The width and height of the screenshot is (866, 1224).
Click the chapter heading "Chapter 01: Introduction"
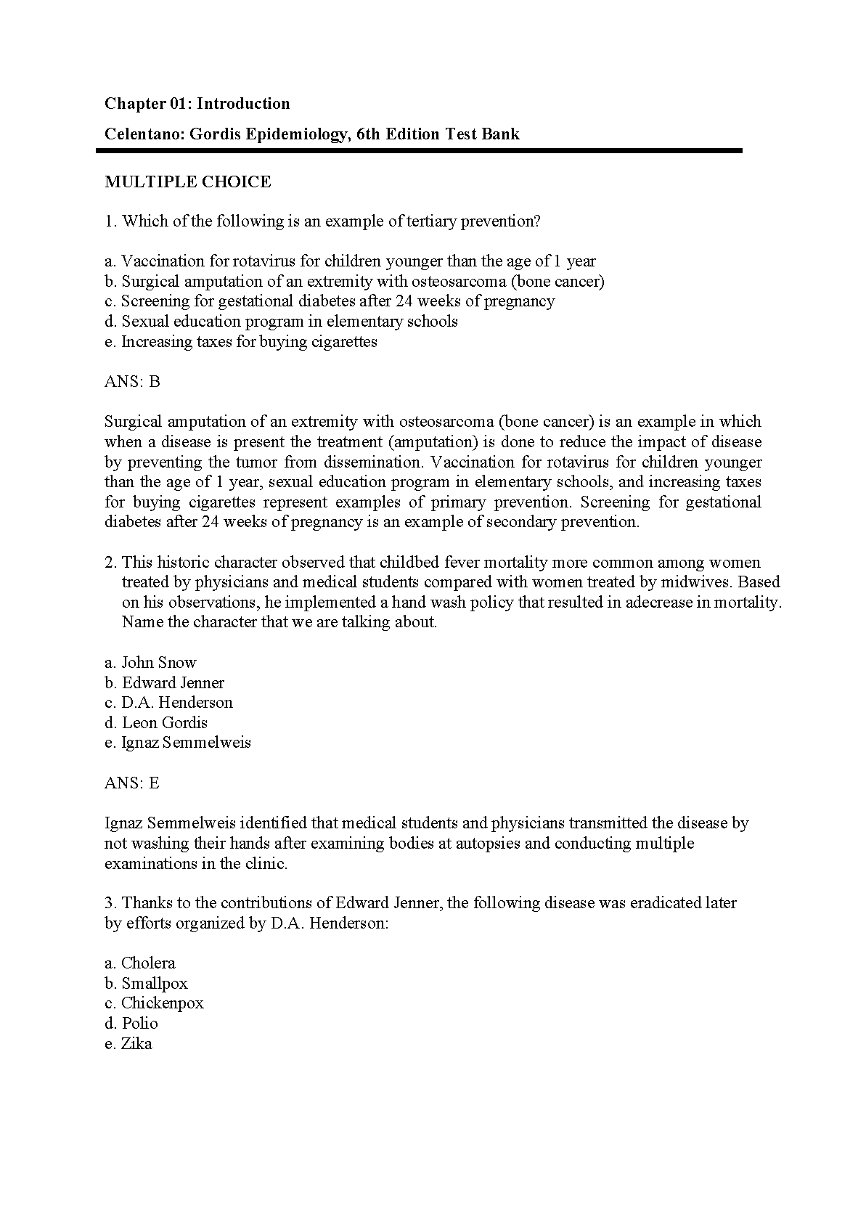coord(197,104)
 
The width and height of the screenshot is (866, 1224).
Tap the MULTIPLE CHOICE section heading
coord(187,182)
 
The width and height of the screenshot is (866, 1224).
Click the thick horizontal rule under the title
coord(419,151)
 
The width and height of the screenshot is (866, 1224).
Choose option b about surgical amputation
coord(354,282)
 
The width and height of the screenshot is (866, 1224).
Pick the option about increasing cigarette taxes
coord(241,342)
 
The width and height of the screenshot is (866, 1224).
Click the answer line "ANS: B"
coord(132,382)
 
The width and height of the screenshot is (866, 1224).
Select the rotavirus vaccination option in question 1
coord(350,261)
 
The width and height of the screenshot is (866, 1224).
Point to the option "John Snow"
coord(150,663)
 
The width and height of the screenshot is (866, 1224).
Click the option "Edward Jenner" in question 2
coord(164,683)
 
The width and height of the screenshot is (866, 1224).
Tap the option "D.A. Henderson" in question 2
coord(168,703)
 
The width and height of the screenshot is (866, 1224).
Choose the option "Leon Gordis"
coord(156,723)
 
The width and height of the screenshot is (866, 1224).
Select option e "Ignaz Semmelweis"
coord(178,743)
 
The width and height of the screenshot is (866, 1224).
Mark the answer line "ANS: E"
coord(132,783)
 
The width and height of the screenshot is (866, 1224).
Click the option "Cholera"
coord(140,963)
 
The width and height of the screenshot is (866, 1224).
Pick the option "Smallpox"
coord(146,984)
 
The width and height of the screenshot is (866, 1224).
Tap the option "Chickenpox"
coord(154,1003)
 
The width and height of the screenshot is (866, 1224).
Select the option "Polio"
coord(131,1024)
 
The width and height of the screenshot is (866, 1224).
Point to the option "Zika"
coord(128,1044)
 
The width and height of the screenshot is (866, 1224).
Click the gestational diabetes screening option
coord(330,301)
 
